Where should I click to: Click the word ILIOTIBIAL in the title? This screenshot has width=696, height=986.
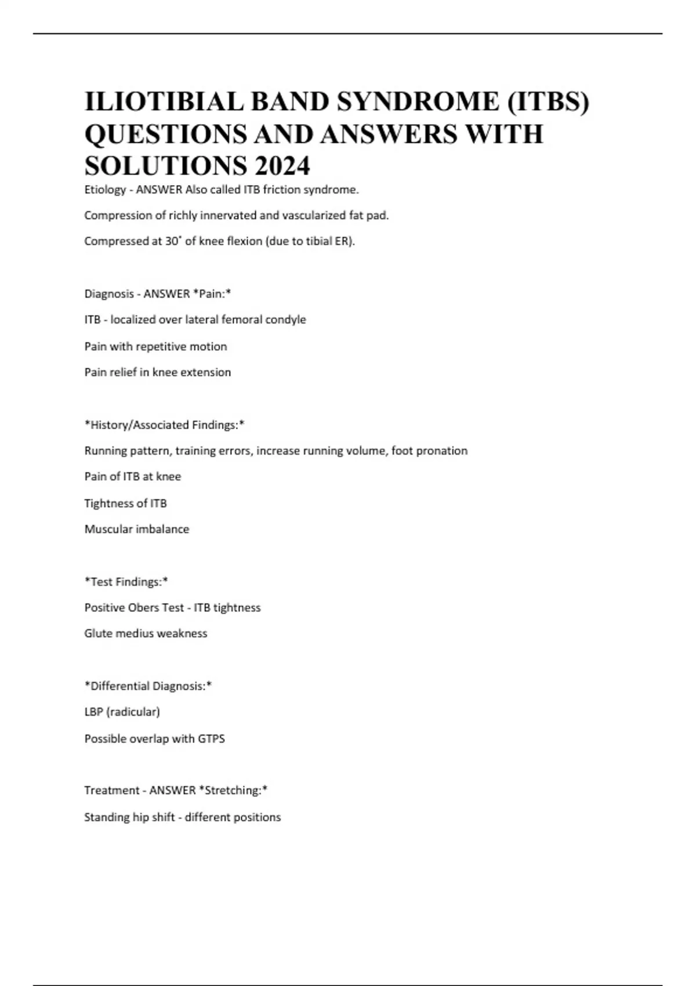[x=164, y=102]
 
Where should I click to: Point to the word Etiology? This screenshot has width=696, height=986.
[x=105, y=190]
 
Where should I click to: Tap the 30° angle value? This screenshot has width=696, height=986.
[x=173, y=241]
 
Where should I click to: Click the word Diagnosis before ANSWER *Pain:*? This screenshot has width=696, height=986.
[x=108, y=294]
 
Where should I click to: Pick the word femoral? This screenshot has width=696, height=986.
[x=231, y=320]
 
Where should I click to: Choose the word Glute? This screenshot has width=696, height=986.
[x=97, y=633]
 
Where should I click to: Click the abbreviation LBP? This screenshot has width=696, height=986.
[x=93, y=712]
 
